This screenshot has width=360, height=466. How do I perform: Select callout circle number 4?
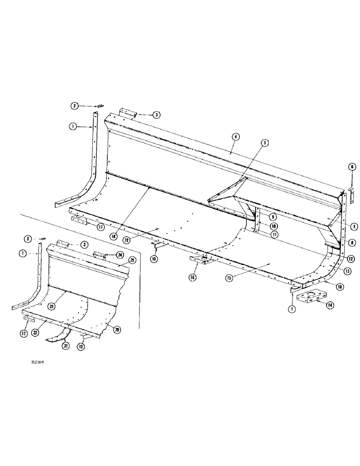[x=237, y=137]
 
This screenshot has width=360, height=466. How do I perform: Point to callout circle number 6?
[x=352, y=166]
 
